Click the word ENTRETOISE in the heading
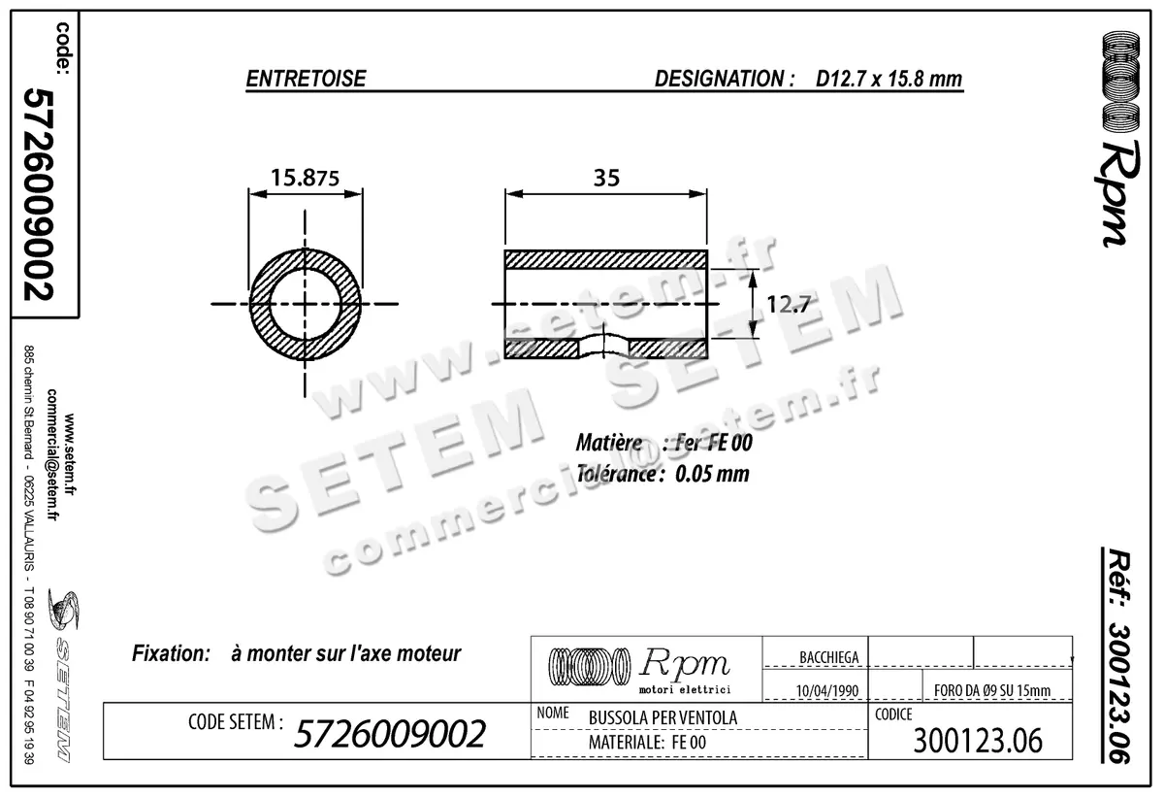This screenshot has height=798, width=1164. click(306, 80)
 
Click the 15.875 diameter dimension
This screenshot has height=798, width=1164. click(305, 178)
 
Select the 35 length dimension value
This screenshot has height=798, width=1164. click(605, 178)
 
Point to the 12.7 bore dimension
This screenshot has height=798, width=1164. click(788, 304)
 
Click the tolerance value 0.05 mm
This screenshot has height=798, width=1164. click(712, 475)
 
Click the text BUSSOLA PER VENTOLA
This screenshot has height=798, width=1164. click(663, 717)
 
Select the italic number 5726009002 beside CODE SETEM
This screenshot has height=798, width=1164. click(388, 735)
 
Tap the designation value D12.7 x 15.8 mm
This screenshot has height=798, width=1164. click(889, 80)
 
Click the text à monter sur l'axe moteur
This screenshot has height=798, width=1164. click(346, 654)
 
